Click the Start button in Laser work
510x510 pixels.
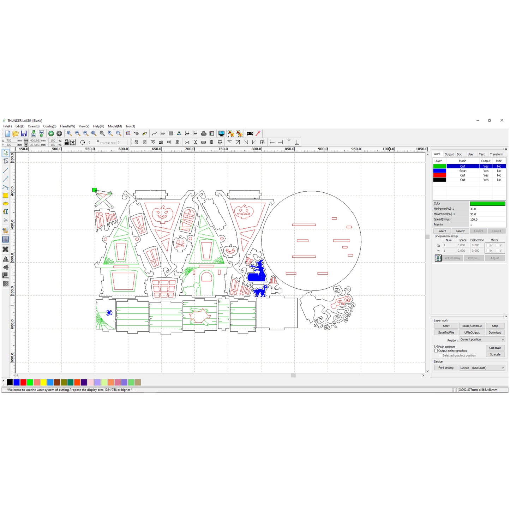pyautogui.click(x=446, y=326)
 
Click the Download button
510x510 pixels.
pyautogui.click(x=494, y=332)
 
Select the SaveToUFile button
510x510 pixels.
pyautogui.click(x=446, y=332)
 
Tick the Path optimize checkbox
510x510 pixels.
pyautogui.click(x=436, y=347)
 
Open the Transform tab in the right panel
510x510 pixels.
pyautogui.click(x=496, y=154)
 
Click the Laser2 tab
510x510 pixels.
pyautogui.click(x=460, y=231)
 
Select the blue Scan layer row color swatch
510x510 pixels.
pyautogui.click(x=439, y=171)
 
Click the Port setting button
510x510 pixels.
pyautogui.click(x=446, y=368)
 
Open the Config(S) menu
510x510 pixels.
pyautogui.click(x=50, y=126)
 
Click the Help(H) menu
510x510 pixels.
pyautogui.click(x=98, y=126)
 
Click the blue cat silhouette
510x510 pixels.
pyautogui.click(x=260, y=291)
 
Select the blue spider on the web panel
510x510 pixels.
pyautogui.click(x=109, y=313)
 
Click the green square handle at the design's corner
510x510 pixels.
pyautogui.click(x=94, y=190)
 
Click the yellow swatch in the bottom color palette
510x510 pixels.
pyautogui.click(x=43, y=382)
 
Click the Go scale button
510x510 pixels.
pyautogui.click(x=494, y=354)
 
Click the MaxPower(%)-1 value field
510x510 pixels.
pyautogui.click(x=487, y=214)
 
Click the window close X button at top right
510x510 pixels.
pyautogui.click(x=502, y=120)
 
